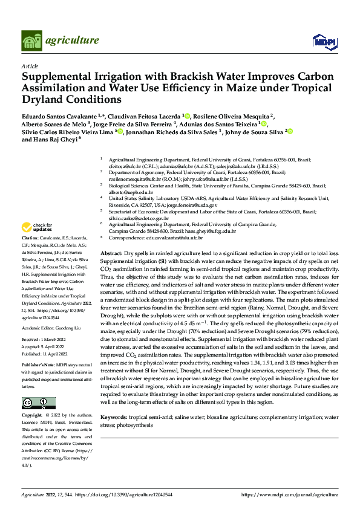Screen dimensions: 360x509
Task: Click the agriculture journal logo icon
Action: click(31, 41)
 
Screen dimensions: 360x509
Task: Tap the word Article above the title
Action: click(30, 65)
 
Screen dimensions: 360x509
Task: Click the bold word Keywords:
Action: click(114, 400)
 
